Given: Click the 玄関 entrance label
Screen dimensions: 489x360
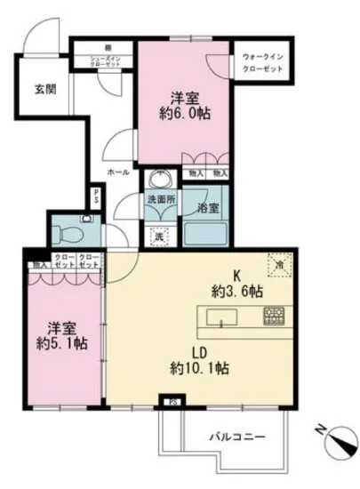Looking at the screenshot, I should point(45,89).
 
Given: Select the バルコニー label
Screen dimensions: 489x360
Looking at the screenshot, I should point(236,437).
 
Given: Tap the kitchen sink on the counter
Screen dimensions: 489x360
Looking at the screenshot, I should point(220,317).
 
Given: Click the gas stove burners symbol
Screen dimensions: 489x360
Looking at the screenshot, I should point(273,316).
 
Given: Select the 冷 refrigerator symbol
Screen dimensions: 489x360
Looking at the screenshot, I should point(278,263).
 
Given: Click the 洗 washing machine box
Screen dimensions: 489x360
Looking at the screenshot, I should point(158,236).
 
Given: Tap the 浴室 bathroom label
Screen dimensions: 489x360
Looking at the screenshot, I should point(208,208).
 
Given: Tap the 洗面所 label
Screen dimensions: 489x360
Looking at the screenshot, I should point(160,200).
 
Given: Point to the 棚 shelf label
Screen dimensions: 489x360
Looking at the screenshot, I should point(106,47).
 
